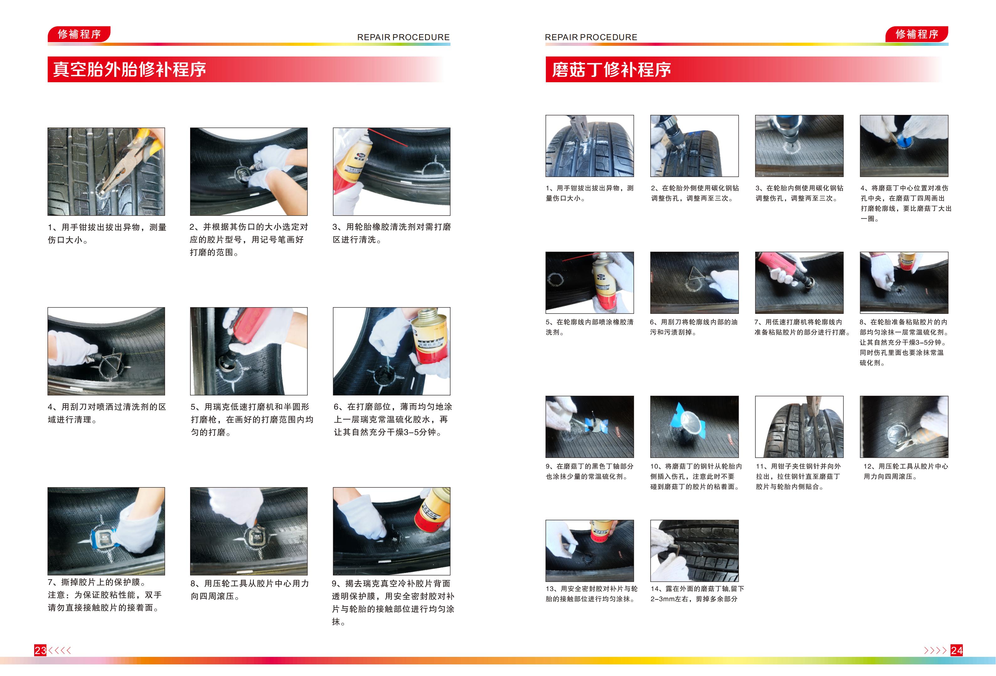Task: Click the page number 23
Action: (x=40, y=650)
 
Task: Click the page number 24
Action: (x=956, y=650)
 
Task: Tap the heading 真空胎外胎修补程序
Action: (x=130, y=69)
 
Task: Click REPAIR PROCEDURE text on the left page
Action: (x=403, y=37)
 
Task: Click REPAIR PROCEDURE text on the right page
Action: (x=591, y=37)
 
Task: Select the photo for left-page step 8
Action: (x=248, y=531)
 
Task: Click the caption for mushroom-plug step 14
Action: (x=697, y=594)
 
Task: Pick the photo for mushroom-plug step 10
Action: (x=694, y=427)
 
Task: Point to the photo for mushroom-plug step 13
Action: (x=589, y=551)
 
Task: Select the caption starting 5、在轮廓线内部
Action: (x=589, y=327)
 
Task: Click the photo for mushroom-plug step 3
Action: (x=799, y=146)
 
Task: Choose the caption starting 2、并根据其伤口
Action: (x=248, y=240)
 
